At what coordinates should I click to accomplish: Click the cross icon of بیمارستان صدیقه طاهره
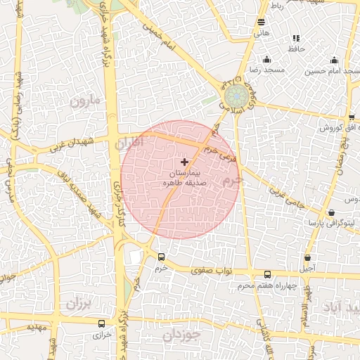pyautogui.click(x=185, y=162)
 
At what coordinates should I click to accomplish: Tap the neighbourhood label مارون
pyautogui.click(x=86, y=102)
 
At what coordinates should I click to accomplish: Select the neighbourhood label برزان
pyautogui.click(x=79, y=304)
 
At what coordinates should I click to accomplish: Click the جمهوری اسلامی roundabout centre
pyautogui.click(x=236, y=96)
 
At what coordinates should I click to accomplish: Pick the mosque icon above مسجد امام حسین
pyautogui.click(x=334, y=60)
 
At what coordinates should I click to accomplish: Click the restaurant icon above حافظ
pyautogui.click(x=295, y=38)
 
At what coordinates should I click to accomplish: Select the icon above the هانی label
pyautogui.click(x=262, y=22)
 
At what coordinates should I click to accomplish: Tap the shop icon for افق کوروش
pyautogui.click(x=352, y=117)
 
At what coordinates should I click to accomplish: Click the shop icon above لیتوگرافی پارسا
pyautogui.click(x=331, y=212)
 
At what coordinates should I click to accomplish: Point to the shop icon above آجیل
pyautogui.click(x=307, y=257)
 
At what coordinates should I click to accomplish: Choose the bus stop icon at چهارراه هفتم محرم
pyautogui.click(x=266, y=275)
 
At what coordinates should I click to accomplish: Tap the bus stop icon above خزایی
pyautogui.click(x=103, y=324)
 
